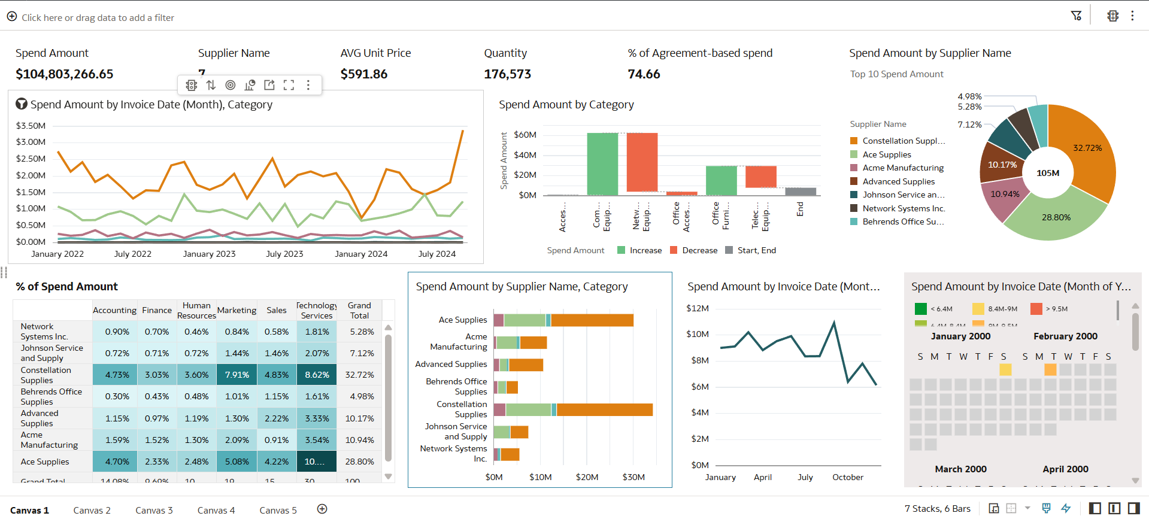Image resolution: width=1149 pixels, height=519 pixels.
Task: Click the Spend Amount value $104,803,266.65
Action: pyautogui.click(x=64, y=74)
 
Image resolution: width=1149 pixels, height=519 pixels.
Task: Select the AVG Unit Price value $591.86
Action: pyautogui.click(x=363, y=74)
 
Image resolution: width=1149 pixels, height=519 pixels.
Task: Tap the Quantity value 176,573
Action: pyautogui.click(x=507, y=74)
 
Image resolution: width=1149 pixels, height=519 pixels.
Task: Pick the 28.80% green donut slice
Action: pyautogui.click(x=1056, y=217)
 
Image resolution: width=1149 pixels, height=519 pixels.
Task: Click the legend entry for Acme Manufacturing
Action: pyautogui.click(x=902, y=168)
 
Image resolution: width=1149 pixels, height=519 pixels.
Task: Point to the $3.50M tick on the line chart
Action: pyautogui.click(x=31, y=126)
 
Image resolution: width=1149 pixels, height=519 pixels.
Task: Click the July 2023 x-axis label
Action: pyautogui.click(x=284, y=254)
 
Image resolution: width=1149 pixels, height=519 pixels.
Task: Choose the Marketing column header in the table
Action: pyautogui.click(x=237, y=310)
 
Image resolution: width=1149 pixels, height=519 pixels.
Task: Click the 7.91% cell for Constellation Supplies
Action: pyautogui.click(x=237, y=375)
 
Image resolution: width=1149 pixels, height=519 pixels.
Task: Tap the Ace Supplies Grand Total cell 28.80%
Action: pyautogui.click(x=359, y=462)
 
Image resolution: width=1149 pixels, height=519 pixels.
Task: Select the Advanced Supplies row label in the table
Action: pyautogui.click(x=40, y=418)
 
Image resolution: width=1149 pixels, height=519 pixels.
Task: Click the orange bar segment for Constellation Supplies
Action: pyautogui.click(x=604, y=409)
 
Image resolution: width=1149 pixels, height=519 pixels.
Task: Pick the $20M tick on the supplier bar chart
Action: pyautogui.click(x=587, y=477)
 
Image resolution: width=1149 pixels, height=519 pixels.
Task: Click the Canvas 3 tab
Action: pyautogui.click(x=154, y=510)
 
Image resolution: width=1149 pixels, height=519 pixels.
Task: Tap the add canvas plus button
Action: pyautogui.click(x=322, y=509)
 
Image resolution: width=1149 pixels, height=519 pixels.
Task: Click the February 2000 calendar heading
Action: pyautogui.click(x=1065, y=336)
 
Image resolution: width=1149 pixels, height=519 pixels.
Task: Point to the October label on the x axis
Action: pyautogui.click(x=847, y=477)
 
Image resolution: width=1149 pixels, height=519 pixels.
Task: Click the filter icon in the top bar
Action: pyautogui.click(x=1076, y=16)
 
